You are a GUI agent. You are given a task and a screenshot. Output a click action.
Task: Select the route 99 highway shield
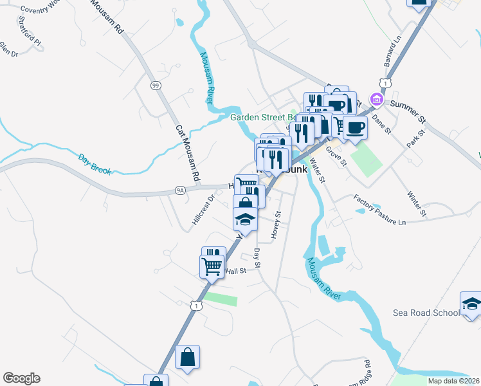tap(155, 86)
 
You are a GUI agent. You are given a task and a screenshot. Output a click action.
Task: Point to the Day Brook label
tap(95, 164)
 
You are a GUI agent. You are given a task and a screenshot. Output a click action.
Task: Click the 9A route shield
tap(180, 190)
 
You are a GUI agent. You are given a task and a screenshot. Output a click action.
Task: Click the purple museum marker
tap(376, 100)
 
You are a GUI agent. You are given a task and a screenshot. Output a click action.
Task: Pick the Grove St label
tap(336, 156)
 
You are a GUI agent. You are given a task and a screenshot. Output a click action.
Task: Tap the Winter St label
tap(416, 202)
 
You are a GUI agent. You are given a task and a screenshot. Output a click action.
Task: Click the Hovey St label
tap(277, 226)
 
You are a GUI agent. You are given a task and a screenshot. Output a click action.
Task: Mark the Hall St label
tap(236, 271)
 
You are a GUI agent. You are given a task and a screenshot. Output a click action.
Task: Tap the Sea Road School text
tap(426, 313)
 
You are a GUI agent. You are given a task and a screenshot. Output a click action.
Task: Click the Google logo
tap(22, 378)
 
